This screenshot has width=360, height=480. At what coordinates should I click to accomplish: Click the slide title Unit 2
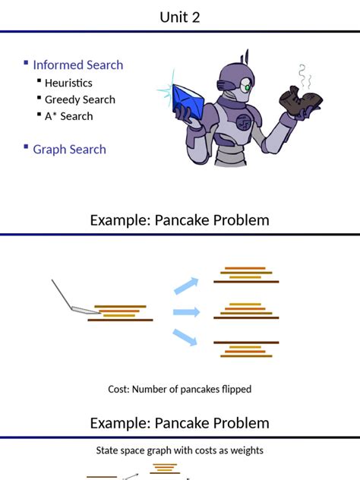coord(180,17)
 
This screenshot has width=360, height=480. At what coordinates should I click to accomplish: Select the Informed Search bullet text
coord(77,65)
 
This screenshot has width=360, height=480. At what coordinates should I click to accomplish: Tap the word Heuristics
coord(68,83)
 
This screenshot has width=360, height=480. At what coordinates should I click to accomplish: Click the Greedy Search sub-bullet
coord(80,99)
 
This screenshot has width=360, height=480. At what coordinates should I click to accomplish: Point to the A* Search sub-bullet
coord(68,116)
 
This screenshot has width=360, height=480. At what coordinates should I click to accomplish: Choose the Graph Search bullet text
coord(69,150)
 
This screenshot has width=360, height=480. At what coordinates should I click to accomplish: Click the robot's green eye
coord(247,87)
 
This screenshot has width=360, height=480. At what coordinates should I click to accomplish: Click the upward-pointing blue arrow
coord(186,286)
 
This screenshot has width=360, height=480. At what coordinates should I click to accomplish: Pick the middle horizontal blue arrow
coord(186,312)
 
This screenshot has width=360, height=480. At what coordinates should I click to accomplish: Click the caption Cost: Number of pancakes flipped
coord(179,390)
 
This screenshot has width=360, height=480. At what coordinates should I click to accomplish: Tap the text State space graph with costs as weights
coord(179,450)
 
